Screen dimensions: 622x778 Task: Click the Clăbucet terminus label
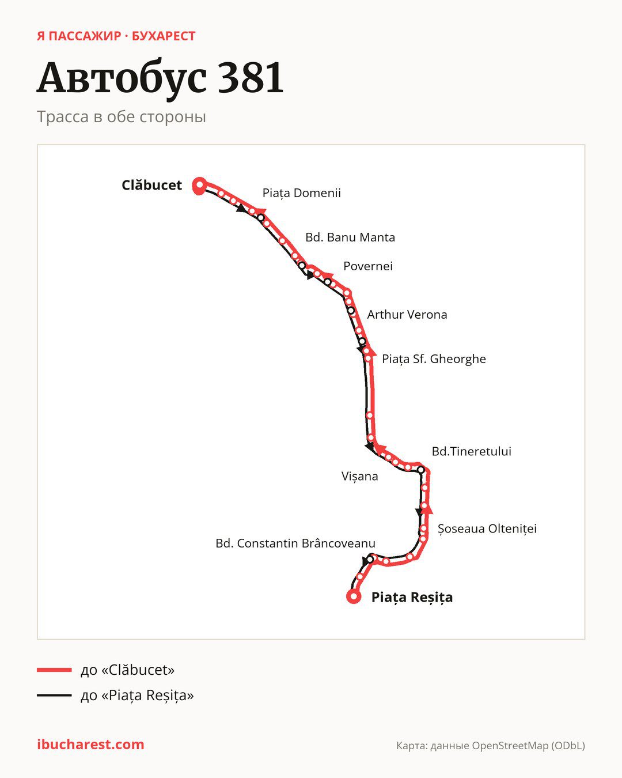tap(152, 185)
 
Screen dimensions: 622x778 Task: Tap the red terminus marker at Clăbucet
tap(199, 186)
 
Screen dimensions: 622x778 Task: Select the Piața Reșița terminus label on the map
tap(412, 597)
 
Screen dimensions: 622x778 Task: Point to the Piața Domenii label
tap(301, 193)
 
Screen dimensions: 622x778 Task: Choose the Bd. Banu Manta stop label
tap(350, 237)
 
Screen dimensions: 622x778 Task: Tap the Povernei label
tap(368, 266)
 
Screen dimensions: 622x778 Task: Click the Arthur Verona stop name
tap(407, 315)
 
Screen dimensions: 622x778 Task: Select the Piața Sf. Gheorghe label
tap(434, 359)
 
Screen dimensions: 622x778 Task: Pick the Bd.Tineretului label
tap(471, 451)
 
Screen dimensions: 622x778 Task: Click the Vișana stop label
tap(359, 477)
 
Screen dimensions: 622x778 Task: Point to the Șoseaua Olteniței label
tap(487, 529)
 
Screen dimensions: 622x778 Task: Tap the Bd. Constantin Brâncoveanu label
tap(295, 543)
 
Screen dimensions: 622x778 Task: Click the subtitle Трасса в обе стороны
tap(122, 117)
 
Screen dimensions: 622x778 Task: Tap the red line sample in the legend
tap(54, 670)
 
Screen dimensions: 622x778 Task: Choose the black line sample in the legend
tap(54, 695)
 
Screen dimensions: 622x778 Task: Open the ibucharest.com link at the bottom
tap(90, 745)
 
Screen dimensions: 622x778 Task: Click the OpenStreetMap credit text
tap(491, 746)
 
